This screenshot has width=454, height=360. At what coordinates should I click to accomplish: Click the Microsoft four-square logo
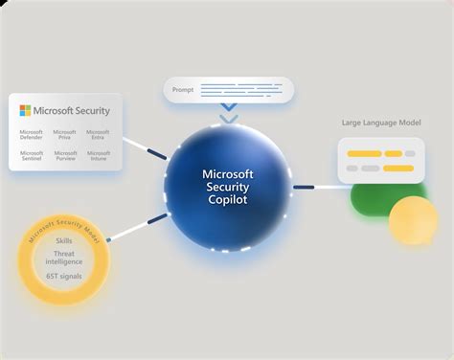click(x=26, y=110)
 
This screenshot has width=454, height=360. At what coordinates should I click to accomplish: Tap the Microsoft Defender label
click(x=32, y=135)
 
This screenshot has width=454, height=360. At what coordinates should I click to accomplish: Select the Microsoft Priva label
click(x=64, y=135)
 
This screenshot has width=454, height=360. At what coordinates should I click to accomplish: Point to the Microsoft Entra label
click(x=98, y=135)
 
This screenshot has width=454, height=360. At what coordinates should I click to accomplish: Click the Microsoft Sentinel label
click(x=32, y=155)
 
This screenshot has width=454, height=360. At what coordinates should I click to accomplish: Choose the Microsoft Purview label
click(x=64, y=155)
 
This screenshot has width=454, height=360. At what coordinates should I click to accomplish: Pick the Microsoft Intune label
click(x=98, y=155)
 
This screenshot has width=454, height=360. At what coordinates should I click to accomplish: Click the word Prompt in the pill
click(x=182, y=90)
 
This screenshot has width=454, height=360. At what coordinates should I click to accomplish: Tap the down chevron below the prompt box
click(x=228, y=118)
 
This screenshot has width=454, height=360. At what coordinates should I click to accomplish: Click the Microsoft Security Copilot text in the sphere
click(x=228, y=186)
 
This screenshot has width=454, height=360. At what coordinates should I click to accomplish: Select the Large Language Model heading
click(x=380, y=123)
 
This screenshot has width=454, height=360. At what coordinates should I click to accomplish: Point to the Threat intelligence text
click(x=63, y=259)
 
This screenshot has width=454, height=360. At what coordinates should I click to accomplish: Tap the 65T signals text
click(x=63, y=276)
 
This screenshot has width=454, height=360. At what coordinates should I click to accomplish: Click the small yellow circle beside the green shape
click(x=413, y=220)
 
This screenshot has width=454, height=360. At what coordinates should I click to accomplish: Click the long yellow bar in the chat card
click(x=366, y=153)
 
